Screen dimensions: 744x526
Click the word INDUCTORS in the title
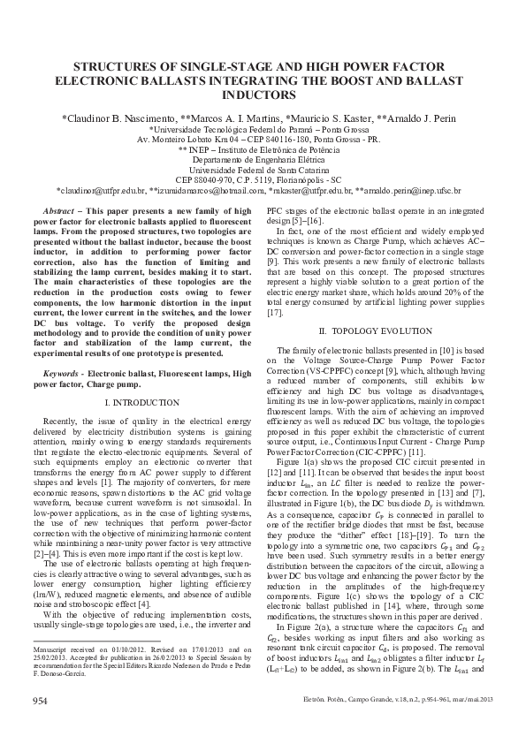click(x=263, y=93)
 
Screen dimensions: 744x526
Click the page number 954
click(x=40, y=725)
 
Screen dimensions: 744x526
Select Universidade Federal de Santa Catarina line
click(x=263, y=168)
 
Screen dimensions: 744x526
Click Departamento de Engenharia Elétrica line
click(x=263, y=158)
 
